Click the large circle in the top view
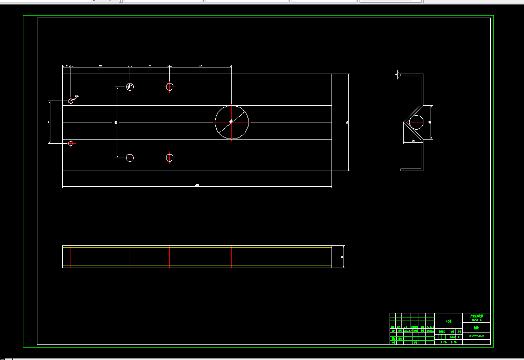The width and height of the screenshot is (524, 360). tap(232, 122)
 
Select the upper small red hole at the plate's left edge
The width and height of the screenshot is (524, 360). tap(71, 101)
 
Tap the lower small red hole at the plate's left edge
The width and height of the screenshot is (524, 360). tap(71, 143)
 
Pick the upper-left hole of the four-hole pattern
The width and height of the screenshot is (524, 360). tap(130, 86)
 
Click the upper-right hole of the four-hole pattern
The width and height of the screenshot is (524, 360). tap(169, 86)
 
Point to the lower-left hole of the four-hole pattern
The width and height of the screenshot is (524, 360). tap(130, 157)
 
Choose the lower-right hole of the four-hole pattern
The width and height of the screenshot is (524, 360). tap(169, 157)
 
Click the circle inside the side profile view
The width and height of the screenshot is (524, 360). tap(416, 122)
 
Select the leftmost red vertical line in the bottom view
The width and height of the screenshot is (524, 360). tap(71, 256)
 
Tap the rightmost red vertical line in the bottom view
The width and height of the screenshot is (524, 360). tap(232, 256)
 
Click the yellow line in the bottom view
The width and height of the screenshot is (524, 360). tap(197, 266)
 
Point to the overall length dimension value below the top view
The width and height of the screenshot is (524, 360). tap(197, 185)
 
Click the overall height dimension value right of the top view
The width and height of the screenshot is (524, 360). tap(347, 122)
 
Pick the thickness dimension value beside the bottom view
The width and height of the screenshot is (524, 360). tap(342, 257)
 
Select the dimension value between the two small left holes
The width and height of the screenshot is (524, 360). tap(48, 122)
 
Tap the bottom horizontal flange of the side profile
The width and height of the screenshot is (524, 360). tap(412, 169)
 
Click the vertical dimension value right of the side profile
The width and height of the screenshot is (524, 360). tap(430, 122)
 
